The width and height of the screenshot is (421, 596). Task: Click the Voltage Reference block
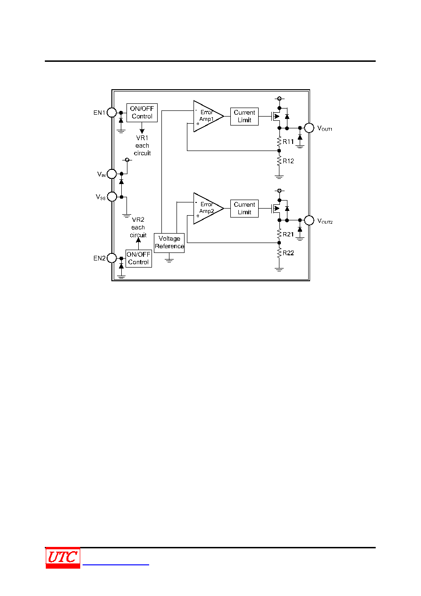[169, 243]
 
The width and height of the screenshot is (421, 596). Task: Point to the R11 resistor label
[288, 142]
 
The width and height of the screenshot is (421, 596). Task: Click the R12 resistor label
[288, 161]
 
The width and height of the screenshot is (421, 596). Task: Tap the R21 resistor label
[288, 235]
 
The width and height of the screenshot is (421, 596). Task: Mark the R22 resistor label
[288, 253]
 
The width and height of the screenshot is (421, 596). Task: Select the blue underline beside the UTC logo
[116, 564]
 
